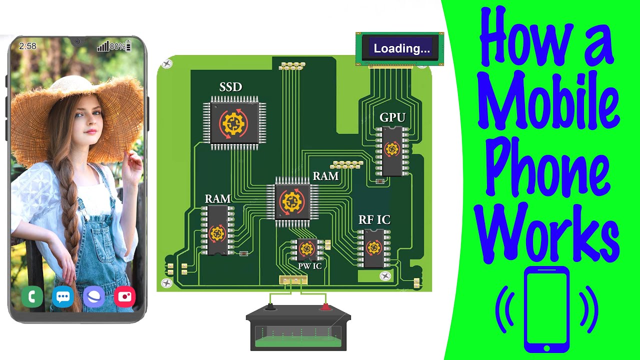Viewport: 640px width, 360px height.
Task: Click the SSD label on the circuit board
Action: (230, 87)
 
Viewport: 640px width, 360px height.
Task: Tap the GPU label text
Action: (392, 117)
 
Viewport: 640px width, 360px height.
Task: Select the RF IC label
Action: (374, 219)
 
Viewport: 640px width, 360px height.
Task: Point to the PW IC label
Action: (309, 266)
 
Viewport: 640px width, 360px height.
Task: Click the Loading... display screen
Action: (400, 48)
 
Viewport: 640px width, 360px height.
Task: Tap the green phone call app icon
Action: (32, 296)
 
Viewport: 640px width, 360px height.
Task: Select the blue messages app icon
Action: (63, 296)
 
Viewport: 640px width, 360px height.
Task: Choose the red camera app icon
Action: (125, 296)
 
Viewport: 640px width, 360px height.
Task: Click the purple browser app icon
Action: (93, 296)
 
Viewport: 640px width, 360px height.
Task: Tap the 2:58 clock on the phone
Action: (27, 46)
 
